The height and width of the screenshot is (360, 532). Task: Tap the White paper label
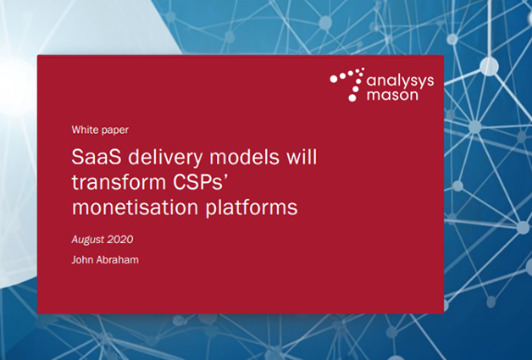pos(100,130)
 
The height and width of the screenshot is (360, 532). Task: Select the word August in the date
pos(89,240)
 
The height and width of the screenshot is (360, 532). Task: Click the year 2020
pos(121,240)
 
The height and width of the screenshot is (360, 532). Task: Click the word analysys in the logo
pos(397,81)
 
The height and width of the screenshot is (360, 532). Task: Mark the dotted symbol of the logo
pos(347,83)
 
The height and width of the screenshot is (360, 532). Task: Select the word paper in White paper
pos(115,130)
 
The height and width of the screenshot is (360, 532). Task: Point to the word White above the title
pos(86,130)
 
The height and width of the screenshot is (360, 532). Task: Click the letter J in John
pos(74,259)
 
